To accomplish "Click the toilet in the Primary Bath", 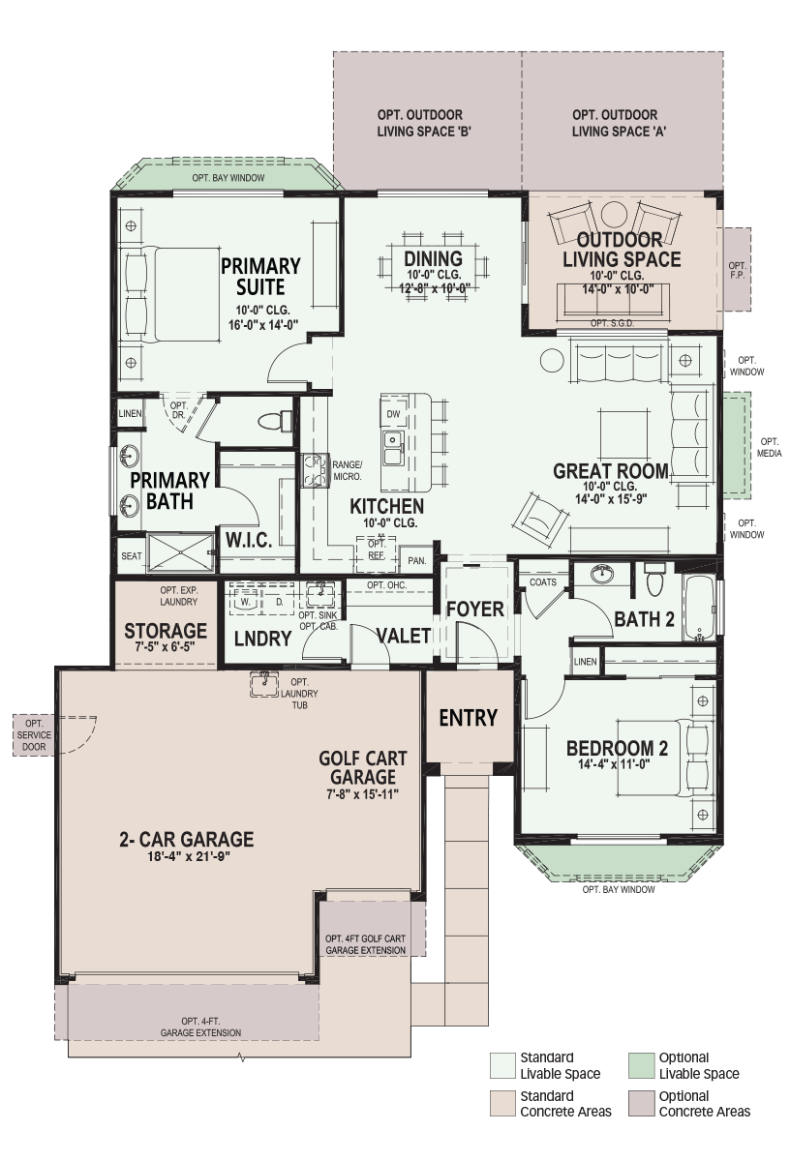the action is click(x=275, y=421).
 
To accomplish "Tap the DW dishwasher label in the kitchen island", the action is click(x=393, y=414).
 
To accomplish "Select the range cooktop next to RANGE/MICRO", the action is click(x=315, y=470).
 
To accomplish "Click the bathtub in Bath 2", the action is click(x=699, y=608).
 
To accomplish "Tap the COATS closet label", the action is click(x=542, y=582).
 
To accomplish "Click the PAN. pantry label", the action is click(x=417, y=560).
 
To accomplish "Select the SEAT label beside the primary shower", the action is click(x=132, y=555).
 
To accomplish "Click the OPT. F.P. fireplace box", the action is click(x=737, y=270).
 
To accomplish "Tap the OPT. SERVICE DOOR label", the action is click(x=34, y=735).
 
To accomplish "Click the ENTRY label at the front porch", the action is click(x=468, y=718).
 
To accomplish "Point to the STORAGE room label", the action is click(x=166, y=631).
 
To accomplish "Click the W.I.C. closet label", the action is click(x=249, y=540).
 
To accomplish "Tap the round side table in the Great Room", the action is click(x=552, y=359).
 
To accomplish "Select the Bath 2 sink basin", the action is click(x=601, y=574).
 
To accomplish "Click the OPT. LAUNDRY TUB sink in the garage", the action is click(x=264, y=684).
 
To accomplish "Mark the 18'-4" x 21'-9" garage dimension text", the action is click(x=188, y=856).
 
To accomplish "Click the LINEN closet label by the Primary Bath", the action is click(x=130, y=414).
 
